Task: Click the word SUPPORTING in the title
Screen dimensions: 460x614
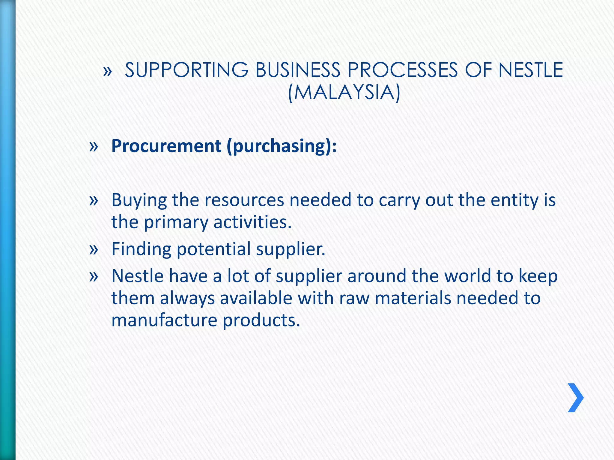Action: pos(186,70)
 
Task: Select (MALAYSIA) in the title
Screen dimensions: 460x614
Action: pos(344,92)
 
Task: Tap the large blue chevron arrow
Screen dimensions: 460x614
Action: pos(576,398)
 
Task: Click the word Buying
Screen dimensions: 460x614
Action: pos(139,200)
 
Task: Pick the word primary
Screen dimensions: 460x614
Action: pos(176,223)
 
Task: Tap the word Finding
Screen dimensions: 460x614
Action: pos(141,249)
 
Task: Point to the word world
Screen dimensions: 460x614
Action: pos(468,276)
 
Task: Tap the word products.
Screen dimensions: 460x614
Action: pos(261,321)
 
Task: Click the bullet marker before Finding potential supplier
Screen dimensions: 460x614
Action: pos(94,249)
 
